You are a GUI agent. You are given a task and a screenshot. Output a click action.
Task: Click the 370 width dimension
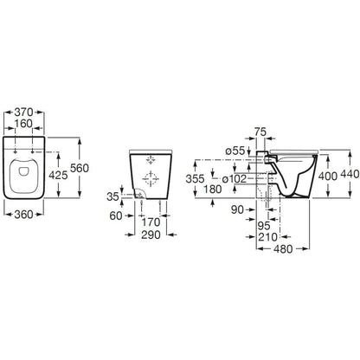click(x=23, y=112)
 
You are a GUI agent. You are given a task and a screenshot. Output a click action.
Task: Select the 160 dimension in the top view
click(x=23, y=124)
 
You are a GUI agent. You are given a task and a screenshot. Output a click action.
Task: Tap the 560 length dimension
click(x=80, y=168)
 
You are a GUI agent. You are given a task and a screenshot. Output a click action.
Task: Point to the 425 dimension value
click(x=58, y=175)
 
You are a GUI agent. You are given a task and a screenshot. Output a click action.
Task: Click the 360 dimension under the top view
click(x=23, y=215)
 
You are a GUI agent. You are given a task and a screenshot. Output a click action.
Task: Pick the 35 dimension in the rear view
click(x=112, y=196)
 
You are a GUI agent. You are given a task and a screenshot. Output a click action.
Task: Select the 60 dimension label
click(x=116, y=215)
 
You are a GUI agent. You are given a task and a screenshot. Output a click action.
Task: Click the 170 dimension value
click(x=151, y=222)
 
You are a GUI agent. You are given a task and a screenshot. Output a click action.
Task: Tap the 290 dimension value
click(x=151, y=235)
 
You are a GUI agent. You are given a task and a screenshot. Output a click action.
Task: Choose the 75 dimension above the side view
click(x=260, y=132)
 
